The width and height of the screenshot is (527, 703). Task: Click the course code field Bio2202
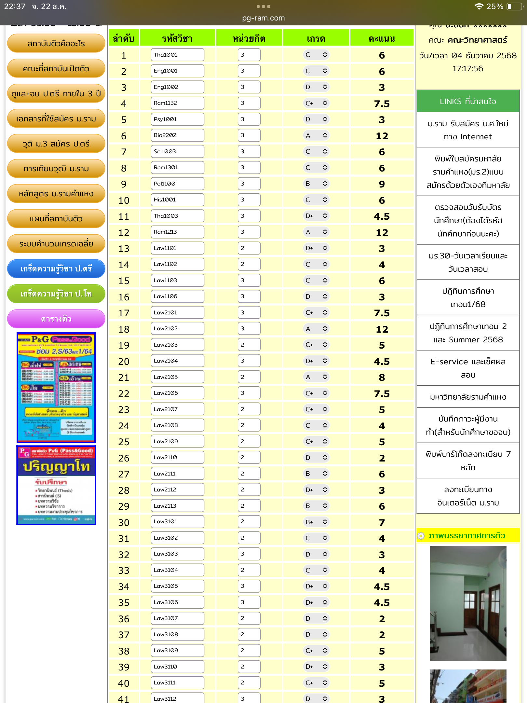pos(177,135)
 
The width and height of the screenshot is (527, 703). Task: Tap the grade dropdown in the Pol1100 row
pos(316,184)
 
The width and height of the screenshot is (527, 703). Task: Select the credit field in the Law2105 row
pos(249,377)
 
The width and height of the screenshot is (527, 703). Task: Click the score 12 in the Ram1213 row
pos(382,232)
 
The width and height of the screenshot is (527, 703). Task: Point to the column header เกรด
pos(316,38)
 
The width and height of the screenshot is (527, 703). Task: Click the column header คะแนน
pos(382,38)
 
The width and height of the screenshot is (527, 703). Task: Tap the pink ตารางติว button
pos(56,319)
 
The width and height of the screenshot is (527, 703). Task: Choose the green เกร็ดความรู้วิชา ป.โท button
pos(56,294)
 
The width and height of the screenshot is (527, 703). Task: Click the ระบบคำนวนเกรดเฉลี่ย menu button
pos(56,243)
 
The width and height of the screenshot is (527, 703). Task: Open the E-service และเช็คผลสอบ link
pos(468,368)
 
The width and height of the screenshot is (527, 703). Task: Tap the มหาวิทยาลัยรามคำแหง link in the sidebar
pos(468,397)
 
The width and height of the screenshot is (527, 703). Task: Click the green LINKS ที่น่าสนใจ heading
pos(468,101)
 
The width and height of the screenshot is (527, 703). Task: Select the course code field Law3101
pos(177,522)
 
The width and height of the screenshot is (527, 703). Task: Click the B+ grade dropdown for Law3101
pos(316,522)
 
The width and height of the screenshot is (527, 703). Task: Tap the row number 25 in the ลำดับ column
pos(124,442)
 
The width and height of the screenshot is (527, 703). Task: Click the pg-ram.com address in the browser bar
pos(263,18)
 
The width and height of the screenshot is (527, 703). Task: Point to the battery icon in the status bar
pos(514,7)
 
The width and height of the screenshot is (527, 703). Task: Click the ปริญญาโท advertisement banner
pos(56,485)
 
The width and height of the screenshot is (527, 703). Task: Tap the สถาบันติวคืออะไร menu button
pos(56,43)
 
